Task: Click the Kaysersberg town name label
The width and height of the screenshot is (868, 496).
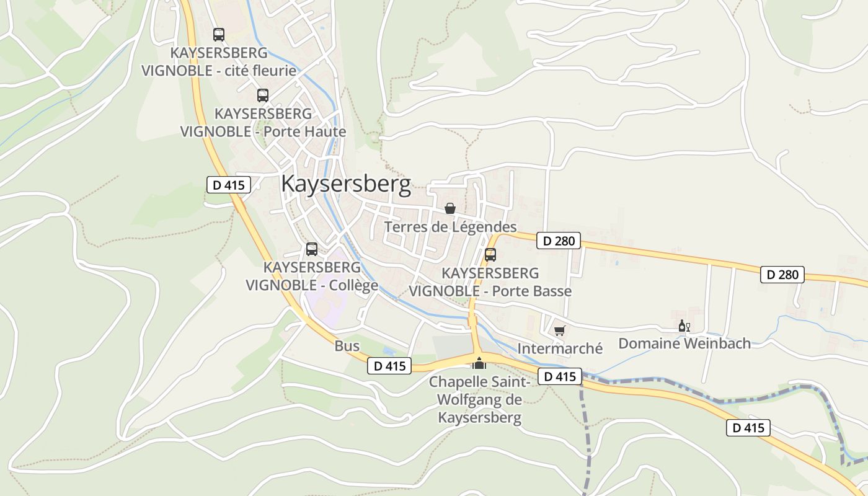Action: click(346, 184)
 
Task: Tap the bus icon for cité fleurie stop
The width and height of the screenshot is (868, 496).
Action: click(219, 35)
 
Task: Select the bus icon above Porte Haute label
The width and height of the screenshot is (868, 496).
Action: click(263, 95)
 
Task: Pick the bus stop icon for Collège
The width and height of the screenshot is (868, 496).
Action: click(312, 249)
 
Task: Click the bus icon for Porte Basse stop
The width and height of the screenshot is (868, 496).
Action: click(490, 255)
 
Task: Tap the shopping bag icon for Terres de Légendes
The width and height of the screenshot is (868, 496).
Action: click(450, 208)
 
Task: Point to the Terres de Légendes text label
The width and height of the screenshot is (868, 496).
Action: click(450, 227)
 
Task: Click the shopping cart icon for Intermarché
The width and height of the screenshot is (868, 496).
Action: click(560, 331)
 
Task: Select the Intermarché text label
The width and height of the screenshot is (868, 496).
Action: click(560, 348)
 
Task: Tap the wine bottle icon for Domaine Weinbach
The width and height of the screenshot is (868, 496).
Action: click(684, 326)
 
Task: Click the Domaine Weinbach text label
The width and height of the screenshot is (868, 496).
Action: click(684, 343)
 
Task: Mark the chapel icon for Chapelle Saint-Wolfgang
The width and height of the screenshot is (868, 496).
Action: click(479, 363)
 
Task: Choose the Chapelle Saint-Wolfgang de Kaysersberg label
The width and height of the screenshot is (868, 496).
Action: click(479, 400)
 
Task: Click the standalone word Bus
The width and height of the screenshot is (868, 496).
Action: click(347, 346)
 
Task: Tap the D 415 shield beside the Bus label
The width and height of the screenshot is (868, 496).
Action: click(389, 366)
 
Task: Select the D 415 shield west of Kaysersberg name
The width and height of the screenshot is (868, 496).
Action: click(228, 184)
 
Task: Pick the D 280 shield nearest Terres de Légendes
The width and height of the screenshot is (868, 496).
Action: click(559, 241)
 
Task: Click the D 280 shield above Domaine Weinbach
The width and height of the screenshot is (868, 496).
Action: click(782, 274)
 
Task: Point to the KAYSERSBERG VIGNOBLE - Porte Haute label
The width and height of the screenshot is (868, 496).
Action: click(263, 123)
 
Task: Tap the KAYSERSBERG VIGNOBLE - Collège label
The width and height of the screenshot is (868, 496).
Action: click(312, 277)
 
